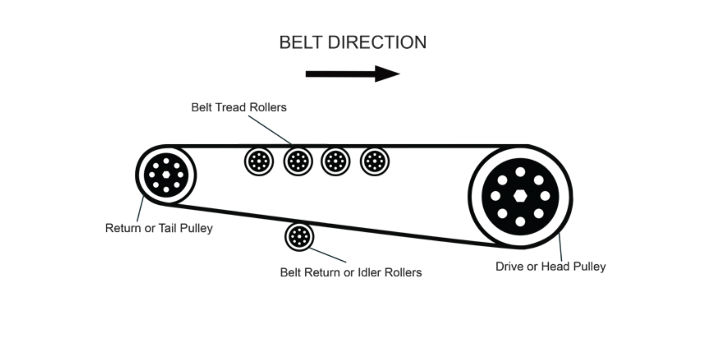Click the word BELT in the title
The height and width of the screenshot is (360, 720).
tap(301, 42)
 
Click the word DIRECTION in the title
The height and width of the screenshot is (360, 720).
tap(377, 42)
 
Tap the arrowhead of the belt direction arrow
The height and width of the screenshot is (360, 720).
tap(388, 74)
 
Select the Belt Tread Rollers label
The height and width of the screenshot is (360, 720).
tap(239, 107)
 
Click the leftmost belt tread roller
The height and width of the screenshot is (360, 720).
tap(259, 162)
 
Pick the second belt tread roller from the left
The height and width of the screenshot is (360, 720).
tap(298, 162)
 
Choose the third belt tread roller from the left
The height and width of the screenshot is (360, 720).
tap(336, 162)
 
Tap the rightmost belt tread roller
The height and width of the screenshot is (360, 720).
tap(375, 162)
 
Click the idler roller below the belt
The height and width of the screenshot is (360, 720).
tap(299, 237)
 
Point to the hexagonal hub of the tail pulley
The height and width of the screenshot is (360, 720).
tap(166, 175)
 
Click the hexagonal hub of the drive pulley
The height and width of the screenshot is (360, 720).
tap(520, 196)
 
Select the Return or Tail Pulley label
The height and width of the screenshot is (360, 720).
tap(159, 228)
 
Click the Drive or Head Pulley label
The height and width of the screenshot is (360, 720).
tap(550, 267)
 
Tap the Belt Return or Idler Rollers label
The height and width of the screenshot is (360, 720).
tap(351, 272)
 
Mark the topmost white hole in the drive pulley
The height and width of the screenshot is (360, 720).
tap(520, 172)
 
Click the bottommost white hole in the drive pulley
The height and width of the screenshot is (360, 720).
tap(520, 222)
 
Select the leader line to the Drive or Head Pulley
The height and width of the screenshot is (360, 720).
tap(561, 247)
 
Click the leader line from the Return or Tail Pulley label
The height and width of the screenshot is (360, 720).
tap(140, 209)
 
